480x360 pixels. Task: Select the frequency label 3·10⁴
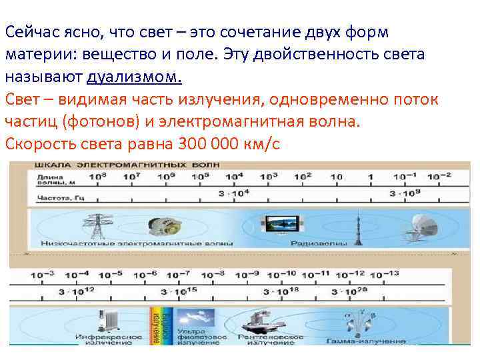tap(233, 193)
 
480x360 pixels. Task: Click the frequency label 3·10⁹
tap(405, 193)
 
